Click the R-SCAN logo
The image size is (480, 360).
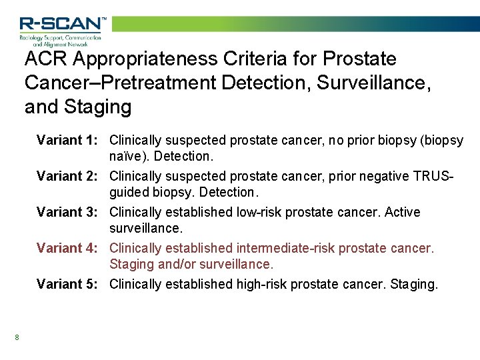[62, 30]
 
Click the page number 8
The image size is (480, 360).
[17, 337]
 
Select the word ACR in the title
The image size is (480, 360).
[46, 59]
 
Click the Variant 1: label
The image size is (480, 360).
[68, 140]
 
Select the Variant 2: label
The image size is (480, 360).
[68, 176]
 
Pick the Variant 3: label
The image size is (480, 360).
[68, 212]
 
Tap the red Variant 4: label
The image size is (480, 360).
[68, 248]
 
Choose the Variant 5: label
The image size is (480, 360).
[68, 284]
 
